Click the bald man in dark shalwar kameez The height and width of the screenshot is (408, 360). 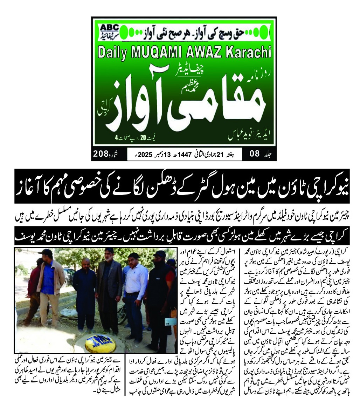[84, 298]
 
